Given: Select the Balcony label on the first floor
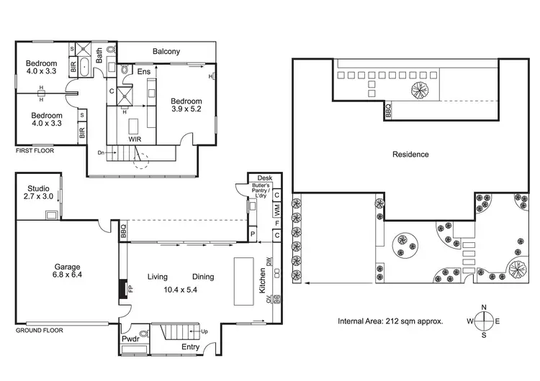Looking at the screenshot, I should click(166, 52).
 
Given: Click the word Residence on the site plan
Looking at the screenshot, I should click(410, 154).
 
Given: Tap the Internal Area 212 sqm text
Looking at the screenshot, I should click(390, 321).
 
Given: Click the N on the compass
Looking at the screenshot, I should click(484, 308).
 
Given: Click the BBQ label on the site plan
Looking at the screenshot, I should click(389, 110).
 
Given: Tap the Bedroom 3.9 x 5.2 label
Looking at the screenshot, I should click(186, 106).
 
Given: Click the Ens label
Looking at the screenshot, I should click(144, 72).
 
